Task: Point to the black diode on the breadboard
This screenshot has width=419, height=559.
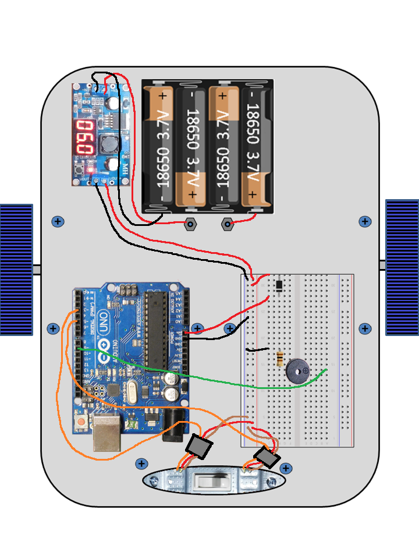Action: pos(280,285)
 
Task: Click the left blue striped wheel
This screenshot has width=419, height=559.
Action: pos(16,269)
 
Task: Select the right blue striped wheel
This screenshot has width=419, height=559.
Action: pos(402,267)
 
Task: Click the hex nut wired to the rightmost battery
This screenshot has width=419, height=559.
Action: pos(228,224)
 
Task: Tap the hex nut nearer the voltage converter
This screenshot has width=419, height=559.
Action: pos(190,224)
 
